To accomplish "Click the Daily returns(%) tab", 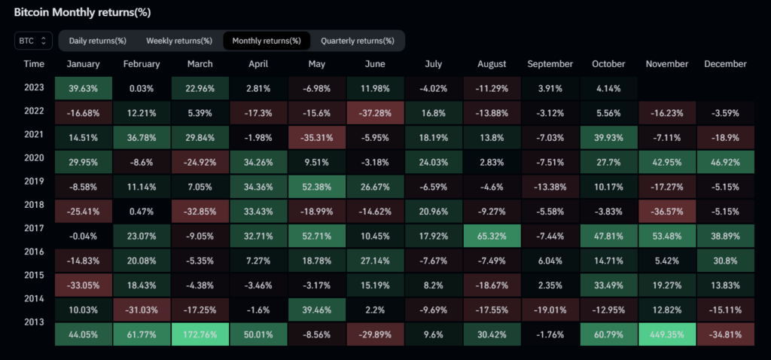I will [97, 40].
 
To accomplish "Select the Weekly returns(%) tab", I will [179, 40].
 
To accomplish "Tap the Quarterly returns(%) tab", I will [357, 40].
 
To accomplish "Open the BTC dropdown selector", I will [32, 40].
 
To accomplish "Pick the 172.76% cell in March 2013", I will [200, 335].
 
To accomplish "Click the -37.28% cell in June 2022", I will [375, 112].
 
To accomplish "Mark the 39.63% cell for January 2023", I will [83, 87].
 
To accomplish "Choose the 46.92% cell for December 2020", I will [725, 161].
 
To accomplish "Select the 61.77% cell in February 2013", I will [142, 335].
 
